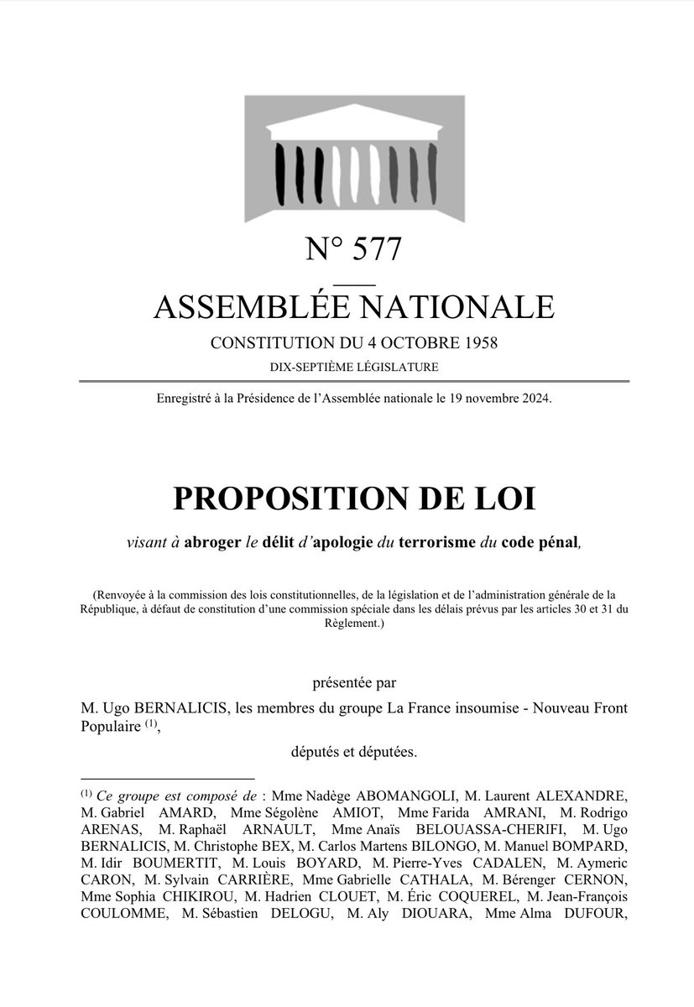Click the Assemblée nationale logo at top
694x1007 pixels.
(353, 159)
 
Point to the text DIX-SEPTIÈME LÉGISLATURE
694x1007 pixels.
(353, 367)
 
